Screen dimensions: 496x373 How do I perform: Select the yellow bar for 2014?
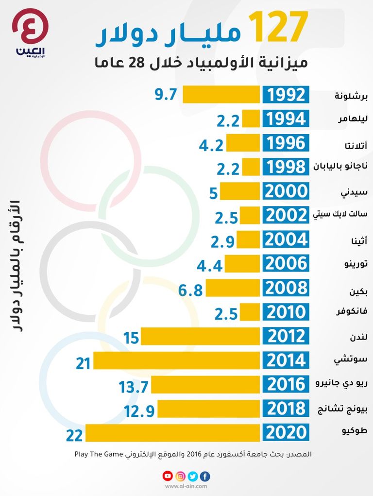177,360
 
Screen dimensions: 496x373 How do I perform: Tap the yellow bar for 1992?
221,95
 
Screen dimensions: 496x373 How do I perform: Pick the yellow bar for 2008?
233,288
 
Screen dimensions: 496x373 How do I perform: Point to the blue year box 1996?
286,143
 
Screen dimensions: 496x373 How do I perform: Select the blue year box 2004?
286,240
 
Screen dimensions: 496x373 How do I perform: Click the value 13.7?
133,387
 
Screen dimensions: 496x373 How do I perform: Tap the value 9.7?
167,95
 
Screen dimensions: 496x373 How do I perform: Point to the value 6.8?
190,291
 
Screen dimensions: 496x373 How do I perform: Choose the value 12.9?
139,411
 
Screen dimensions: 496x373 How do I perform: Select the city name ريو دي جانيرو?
341,385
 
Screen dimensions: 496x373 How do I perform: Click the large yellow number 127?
278,27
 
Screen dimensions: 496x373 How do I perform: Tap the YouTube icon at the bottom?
167,476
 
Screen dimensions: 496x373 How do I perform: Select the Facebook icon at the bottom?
205,476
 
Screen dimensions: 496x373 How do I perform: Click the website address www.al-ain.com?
186,486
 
